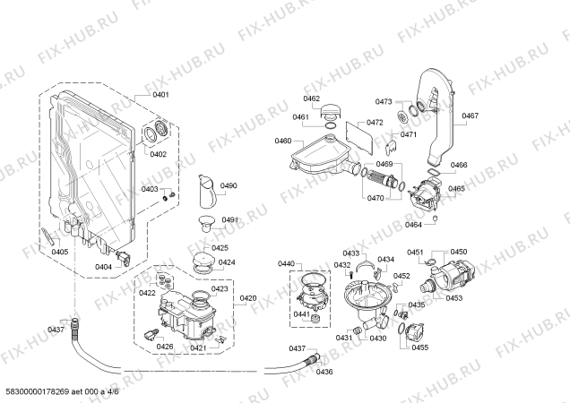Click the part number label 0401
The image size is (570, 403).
click(x=160, y=95)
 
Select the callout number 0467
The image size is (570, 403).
click(x=470, y=116)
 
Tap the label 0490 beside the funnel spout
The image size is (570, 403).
click(x=229, y=185)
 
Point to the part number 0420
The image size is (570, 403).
click(x=248, y=298)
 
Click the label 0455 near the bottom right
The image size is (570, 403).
click(x=419, y=347)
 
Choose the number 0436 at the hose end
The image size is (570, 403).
click(x=324, y=372)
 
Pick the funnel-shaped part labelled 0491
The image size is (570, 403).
click(x=206, y=223)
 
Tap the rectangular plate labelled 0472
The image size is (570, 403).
click(x=359, y=136)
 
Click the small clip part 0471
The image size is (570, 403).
click(x=391, y=146)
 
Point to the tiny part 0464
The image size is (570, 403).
click(x=435, y=218)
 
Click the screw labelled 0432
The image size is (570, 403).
click(x=351, y=275)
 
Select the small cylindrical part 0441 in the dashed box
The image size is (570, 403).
click(x=315, y=318)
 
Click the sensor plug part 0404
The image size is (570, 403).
click(x=124, y=257)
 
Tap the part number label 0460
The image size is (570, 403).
click(x=283, y=141)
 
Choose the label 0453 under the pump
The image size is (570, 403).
click(x=454, y=298)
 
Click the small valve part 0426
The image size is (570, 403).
click(x=151, y=334)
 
